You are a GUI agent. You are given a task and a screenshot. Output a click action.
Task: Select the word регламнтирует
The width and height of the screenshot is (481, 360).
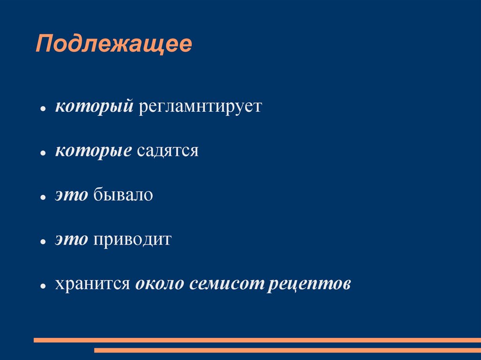click(x=199, y=106)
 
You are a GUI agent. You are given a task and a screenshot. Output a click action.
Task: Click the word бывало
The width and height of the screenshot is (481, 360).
click(x=123, y=195)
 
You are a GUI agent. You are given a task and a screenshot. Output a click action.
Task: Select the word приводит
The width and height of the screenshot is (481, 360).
click(x=132, y=239)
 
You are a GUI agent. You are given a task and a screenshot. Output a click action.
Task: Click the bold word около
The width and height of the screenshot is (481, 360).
click(x=160, y=283)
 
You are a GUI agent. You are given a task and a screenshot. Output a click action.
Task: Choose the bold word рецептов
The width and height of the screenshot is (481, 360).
click(x=310, y=283)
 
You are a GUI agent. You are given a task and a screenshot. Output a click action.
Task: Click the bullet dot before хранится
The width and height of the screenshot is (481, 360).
click(x=42, y=286)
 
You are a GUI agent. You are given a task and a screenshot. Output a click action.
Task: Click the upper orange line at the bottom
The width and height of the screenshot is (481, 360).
click(x=257, y=340)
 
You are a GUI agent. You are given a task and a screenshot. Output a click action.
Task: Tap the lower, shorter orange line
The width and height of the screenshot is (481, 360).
click(x=287, y=350)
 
